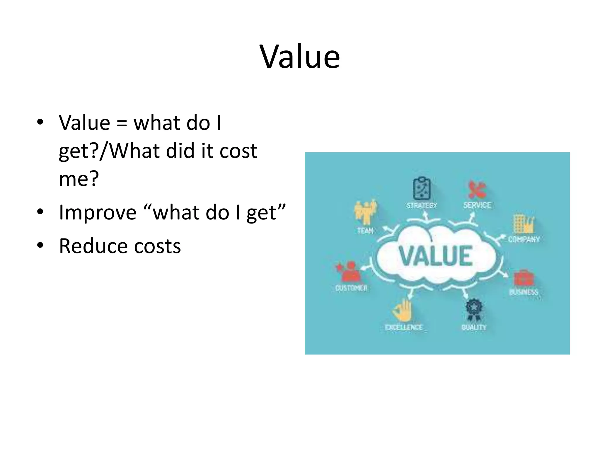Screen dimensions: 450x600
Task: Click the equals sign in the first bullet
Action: point(122,123)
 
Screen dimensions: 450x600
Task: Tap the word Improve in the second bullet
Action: point(98,212)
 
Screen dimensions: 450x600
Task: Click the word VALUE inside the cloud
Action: point(436,256)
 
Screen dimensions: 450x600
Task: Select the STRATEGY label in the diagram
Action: point(422,205)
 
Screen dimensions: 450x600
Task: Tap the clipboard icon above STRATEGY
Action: point(422,189)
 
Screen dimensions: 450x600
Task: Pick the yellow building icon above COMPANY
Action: point(524,224)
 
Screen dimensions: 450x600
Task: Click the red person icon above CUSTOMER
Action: point(350,272)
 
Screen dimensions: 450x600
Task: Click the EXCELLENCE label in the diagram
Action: point(404,327)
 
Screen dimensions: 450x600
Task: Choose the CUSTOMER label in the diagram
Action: point(351,288)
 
